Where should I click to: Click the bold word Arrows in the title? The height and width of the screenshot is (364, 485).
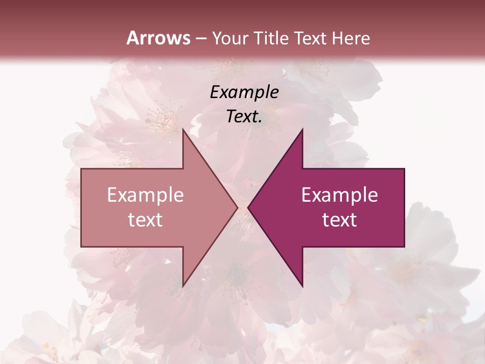coord(159,38)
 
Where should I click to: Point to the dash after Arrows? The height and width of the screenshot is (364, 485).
coord(201,38)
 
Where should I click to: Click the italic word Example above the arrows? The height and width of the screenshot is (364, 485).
coord(244,92)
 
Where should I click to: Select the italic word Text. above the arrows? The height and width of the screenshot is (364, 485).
coord(244,117)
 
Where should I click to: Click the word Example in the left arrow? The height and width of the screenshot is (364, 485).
coord(145,195)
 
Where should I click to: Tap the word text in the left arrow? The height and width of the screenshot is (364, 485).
coord(145,220)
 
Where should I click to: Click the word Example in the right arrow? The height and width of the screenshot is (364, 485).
coord(339,195)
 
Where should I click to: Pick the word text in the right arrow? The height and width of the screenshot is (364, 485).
coord(339,220)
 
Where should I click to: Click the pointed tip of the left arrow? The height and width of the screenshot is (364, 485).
coord(237,208)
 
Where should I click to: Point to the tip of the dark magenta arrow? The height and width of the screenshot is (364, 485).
coord(248,208)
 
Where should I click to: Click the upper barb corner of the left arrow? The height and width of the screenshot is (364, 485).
coord(182,129)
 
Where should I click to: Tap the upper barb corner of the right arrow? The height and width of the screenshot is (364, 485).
coord(303,129)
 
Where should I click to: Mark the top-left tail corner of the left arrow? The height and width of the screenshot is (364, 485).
coord(81,169)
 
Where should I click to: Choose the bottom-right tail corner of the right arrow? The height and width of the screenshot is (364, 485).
coord(404,247)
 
